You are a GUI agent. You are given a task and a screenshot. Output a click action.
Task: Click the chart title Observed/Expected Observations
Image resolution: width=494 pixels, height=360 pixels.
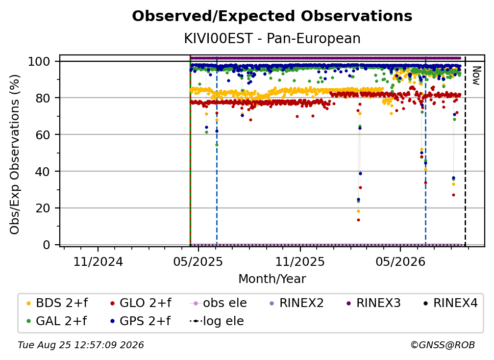(x=272, y=16)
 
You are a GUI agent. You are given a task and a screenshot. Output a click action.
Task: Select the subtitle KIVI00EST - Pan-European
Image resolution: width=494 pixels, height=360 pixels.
(x=272, y=39)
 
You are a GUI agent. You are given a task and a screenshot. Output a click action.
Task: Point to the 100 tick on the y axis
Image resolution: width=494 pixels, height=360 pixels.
(x=39, y=61)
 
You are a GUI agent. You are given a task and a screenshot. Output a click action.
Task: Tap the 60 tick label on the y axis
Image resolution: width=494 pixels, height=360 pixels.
(x=43, y=134)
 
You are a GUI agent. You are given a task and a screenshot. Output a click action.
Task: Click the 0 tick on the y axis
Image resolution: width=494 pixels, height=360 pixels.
(x=47, y=245)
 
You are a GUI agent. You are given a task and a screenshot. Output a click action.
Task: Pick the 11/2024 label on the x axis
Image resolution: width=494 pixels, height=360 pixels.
(x=98, y=261)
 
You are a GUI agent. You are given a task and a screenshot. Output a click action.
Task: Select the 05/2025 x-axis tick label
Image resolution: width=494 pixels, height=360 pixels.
(x=198, y=261)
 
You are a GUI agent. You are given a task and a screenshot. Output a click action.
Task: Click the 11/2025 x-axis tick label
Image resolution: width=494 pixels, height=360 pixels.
(x=300, y=261)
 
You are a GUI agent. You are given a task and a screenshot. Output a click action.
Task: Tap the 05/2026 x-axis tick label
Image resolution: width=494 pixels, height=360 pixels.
(x=400, y=261)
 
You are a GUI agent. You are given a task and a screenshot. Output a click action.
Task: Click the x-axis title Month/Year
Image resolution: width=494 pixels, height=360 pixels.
(x=272, y=279)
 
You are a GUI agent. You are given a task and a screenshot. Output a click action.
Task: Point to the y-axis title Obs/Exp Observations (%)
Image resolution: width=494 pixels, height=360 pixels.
(x=15, y=154)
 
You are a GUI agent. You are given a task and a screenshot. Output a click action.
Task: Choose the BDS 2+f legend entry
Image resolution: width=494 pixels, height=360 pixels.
(x=57, y=303)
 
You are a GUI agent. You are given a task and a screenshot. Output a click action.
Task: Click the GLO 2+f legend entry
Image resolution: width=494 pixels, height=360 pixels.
(x=141, y=303)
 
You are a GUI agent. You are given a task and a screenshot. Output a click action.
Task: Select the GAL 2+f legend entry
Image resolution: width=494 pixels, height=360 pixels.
(x=56, y=321)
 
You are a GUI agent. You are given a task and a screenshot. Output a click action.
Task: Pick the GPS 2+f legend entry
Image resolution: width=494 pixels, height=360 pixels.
(x=140, y=321)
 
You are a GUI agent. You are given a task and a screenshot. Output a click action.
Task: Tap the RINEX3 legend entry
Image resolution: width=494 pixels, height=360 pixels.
(x=373, y=303)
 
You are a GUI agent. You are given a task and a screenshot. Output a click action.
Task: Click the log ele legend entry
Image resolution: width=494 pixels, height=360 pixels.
(x=217, y=321)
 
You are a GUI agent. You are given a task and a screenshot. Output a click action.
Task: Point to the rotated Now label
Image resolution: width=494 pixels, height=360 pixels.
(x=476, y=76)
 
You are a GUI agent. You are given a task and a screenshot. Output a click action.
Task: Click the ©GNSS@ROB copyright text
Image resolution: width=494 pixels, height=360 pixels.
(x=443, y=345)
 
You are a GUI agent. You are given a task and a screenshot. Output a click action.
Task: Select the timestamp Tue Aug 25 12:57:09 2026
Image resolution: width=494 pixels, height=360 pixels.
(x=81, y=345)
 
